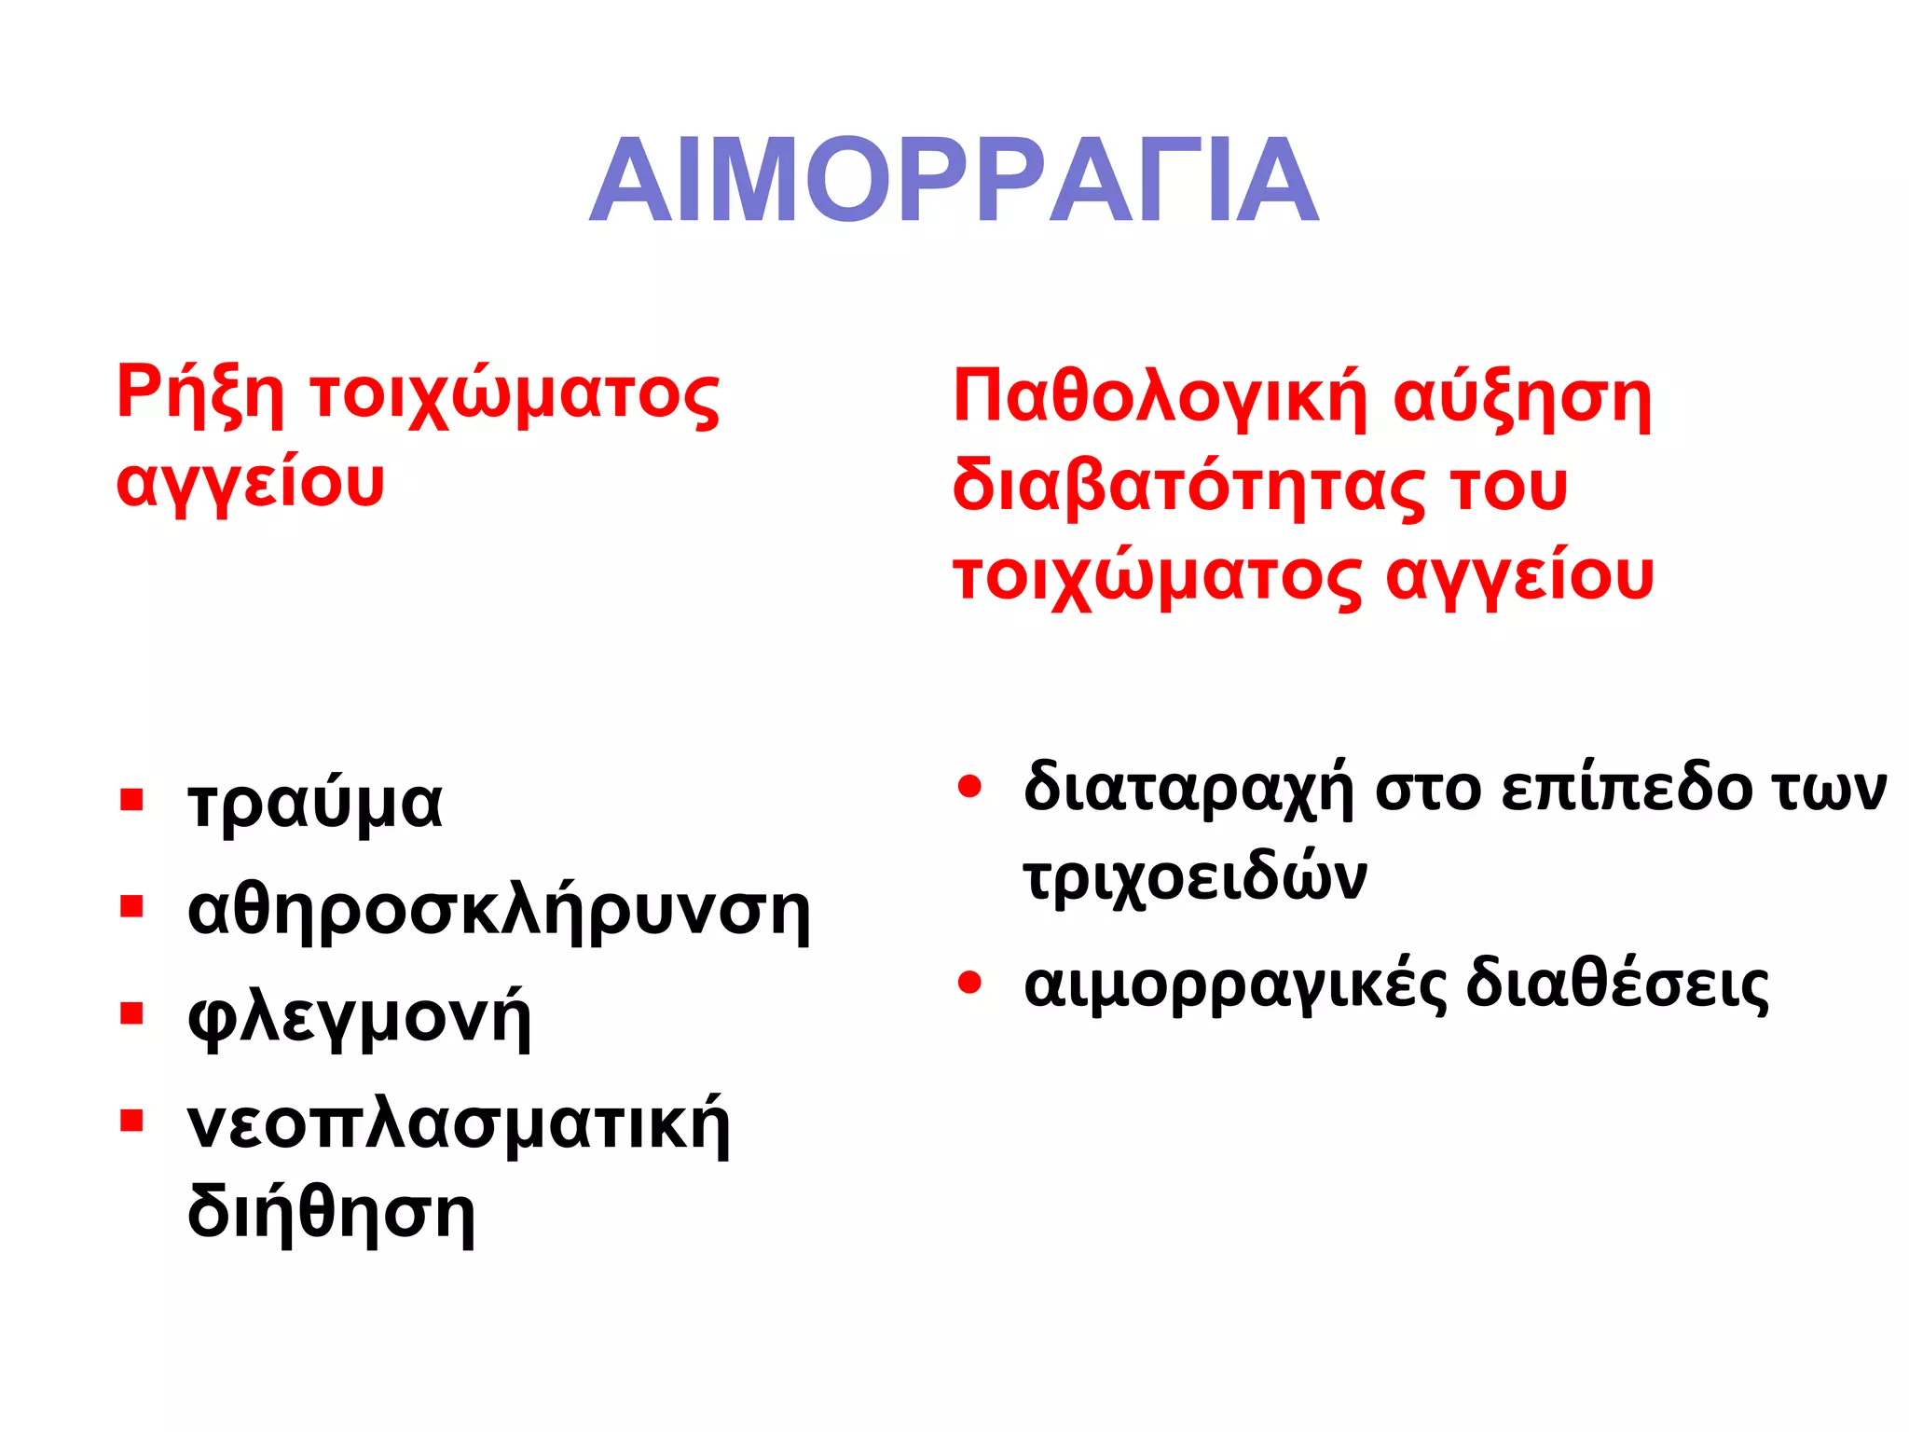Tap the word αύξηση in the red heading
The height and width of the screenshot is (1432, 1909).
click(x=1521, y=397)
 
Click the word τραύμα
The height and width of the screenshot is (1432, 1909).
click(x=315, y=804)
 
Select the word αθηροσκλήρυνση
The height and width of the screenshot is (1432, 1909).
click(x=499, y=911)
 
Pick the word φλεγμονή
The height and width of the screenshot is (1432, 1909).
click(x=359, y=1018)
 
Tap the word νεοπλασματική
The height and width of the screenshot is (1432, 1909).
click(x=459, y=1125)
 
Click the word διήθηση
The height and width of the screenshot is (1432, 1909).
click(x=331, y=1214)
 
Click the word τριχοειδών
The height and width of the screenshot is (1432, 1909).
click(x=1195, y=877)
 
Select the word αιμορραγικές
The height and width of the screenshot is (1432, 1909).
click(x=1235, y=985)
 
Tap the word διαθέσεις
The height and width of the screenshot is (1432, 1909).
click(x=1617, y=985)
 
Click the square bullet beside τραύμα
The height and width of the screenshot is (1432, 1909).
click(x=131, y=800)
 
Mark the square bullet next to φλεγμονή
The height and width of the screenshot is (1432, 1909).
click(x=131, y=1013)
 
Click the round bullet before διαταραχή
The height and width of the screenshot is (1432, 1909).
click(x=970, y=786)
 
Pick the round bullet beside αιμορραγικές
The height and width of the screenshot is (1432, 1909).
click(x=970, y=983)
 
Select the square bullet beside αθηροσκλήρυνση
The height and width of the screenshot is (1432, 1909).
click(x=131, y=907)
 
